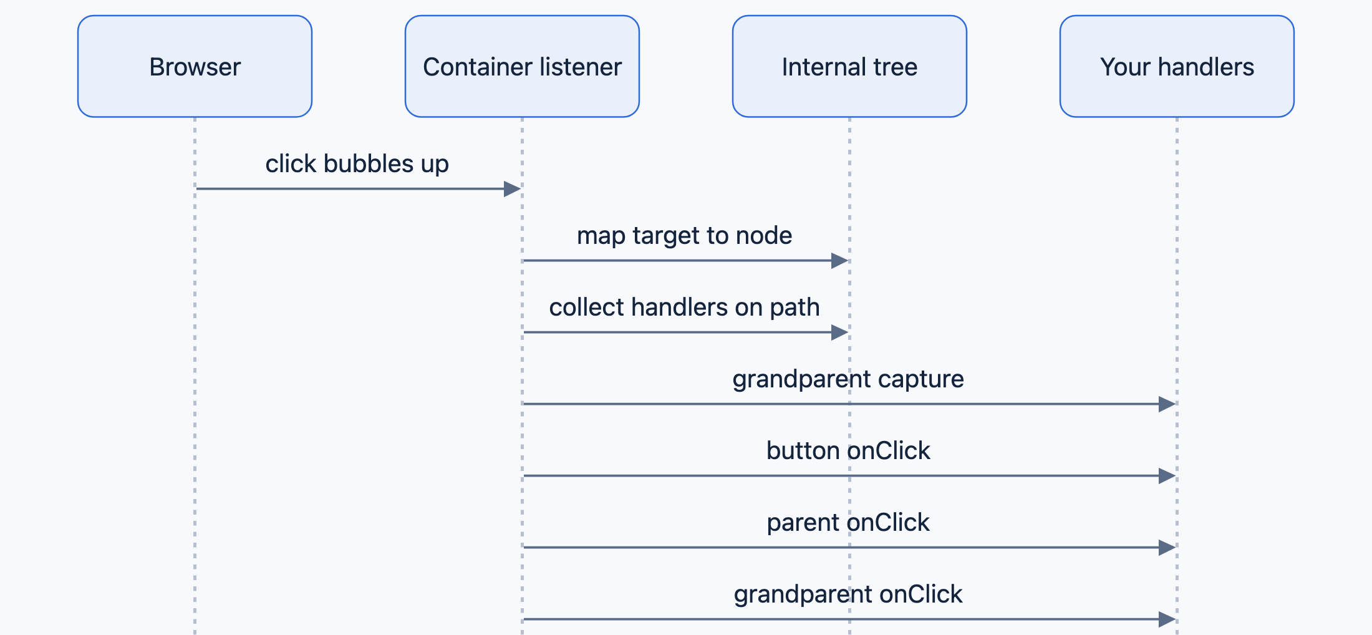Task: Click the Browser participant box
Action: pyautogui.click(x=195, y=66)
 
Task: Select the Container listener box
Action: pyautogui.click(x=522, y=66)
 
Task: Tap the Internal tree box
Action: pyautogui.click(x=849, y=66)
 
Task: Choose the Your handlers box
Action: pyautogui.click(x=1177, y=66)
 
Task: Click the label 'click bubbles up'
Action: pyautogui.click(x=357, y=164)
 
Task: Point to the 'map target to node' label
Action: pyautogui.click(x=684, y=236)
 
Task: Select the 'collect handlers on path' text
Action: pyautogui.click(x=684, y=308)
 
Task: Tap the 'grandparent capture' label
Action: pyautogui.click(x=848, y=379)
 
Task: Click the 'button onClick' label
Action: pyautogui.click(x=848, y=450)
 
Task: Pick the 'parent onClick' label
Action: pyautogui.click(x=848, y=523)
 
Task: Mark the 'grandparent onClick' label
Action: pyautogui.click(x=848, y=594)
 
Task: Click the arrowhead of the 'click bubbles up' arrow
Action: pyautogui.click(x=513, y=189)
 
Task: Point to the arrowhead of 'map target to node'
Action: pyautogui.click(x=840, y=261)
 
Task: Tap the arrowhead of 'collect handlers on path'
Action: pyautogui.click(x=840, y=332)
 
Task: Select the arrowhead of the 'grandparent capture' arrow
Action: pyautogui.click(x=1167, y=404)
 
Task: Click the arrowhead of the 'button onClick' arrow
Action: pyautogui.click(x=1167, y=476)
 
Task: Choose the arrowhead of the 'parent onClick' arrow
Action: pyautogui.click(x=1167, y=548)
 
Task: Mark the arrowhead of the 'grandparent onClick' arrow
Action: pyautogui.click(x=1167, y=619)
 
